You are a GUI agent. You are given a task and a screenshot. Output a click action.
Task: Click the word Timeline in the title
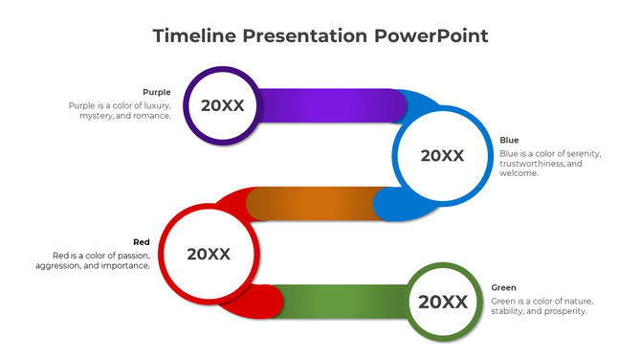[193, 36]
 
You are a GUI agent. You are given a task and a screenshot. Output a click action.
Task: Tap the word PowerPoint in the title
[431, 36]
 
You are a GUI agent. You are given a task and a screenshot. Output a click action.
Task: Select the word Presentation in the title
[305, 36]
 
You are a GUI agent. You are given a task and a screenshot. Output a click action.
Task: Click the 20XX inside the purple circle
[222, 105]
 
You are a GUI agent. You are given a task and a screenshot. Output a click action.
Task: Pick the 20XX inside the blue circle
[442, 156]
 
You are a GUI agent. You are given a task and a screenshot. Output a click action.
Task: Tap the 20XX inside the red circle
[209, 254]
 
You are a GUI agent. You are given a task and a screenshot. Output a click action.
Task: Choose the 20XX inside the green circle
[443, 303]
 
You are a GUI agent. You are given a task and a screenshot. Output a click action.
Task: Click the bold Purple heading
[157, 93]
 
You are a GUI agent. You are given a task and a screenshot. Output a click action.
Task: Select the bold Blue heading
[509, 141]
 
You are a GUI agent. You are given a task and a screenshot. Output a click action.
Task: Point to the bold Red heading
[141, 242]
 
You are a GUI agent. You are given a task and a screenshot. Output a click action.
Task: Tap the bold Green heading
[504, 288]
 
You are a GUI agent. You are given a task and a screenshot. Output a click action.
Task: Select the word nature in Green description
[568, 301]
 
